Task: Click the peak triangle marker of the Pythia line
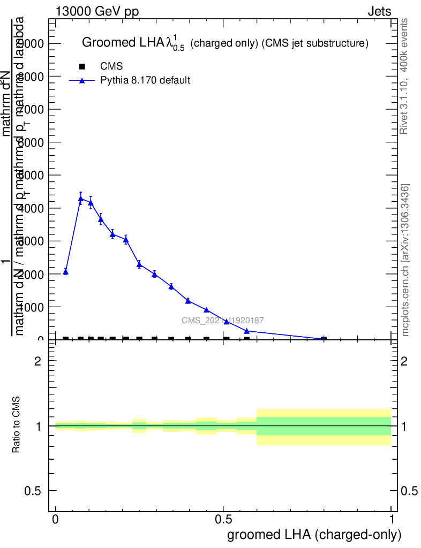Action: [80, 199]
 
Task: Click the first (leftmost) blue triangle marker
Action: [65, 272]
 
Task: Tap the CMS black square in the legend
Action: [82, 66]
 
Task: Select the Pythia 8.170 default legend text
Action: [146, 81]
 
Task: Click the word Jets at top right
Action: [379, 12]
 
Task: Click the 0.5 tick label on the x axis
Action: [223, 520]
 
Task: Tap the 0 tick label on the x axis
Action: [56, 520]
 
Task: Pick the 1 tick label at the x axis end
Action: [392, 520]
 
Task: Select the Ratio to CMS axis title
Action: [17, 425]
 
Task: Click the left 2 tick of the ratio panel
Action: [38, 361]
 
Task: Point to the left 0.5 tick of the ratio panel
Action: [33, 491]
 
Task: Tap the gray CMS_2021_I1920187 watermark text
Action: [222, 320]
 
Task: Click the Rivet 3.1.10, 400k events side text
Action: [404, 76]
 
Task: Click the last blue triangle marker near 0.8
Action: [324, 339]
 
